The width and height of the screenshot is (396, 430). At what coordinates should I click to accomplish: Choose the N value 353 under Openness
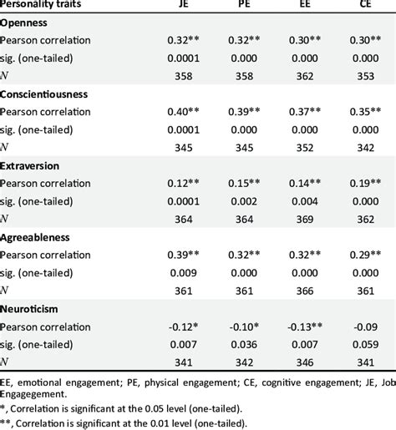pyautogui.click(x=358, y=75)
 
